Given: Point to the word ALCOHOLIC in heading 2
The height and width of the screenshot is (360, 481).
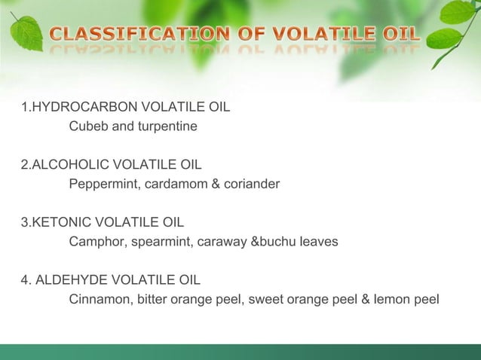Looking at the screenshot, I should pyautogui.click(x=66, y=163).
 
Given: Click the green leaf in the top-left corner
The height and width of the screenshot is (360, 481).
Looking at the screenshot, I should pyautogui.click(x=26, y=32).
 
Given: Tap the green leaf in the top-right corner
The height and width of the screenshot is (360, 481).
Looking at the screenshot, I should pyautogui.click(x=458, y=14).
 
